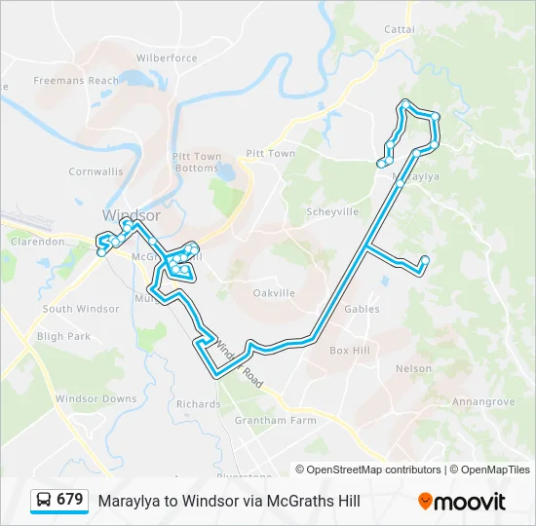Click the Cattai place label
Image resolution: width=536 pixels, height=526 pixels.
click(399, 29)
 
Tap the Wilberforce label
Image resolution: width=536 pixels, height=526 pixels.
click(167, 58)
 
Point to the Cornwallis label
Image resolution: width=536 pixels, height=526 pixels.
click(96, 171)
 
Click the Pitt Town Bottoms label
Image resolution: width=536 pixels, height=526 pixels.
click(197, 162)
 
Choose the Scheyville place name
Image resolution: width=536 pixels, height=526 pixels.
click(332, 211)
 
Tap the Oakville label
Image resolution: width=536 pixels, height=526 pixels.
click(274, 292)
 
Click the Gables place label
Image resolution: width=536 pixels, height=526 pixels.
click(362, 309)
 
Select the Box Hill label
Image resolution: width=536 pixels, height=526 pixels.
click(350, 350)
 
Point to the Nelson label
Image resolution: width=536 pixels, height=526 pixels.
click(413, 368)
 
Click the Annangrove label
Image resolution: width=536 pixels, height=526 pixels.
click(483, 400)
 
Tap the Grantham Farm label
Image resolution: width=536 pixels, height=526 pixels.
click(275, 421)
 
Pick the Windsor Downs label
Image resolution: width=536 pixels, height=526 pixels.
click(96, 399)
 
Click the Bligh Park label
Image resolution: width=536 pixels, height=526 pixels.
click(63, 337)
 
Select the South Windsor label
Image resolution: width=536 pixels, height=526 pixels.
click(81, 309)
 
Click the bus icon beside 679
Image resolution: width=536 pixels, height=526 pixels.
click(44, 500)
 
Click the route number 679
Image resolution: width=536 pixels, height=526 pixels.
click(70, 500)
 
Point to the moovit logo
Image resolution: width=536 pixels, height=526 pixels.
click(462, 501)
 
